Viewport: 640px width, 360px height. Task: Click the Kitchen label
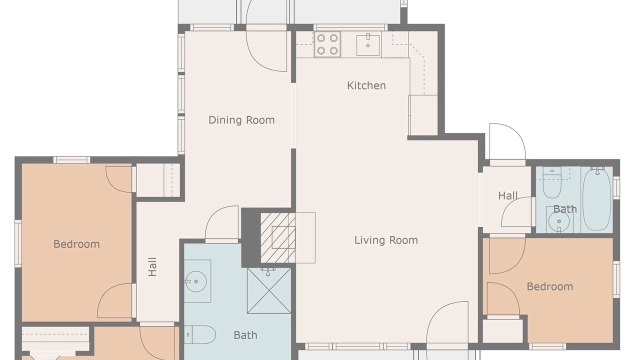366,85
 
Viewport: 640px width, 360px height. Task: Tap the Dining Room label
241,120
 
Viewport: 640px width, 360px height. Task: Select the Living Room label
386,240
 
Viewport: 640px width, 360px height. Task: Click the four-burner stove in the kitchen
327,44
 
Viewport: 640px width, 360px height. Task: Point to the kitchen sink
368,45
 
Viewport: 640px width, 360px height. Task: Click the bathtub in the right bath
597,199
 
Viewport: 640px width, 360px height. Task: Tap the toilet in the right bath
552,182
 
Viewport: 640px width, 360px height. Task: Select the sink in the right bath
559,219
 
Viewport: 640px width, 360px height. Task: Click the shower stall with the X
269,290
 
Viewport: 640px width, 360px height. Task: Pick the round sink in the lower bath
195,281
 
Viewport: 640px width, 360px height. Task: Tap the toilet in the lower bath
199,334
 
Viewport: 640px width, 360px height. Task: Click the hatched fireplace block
277,237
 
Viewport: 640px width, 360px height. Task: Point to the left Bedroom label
76,244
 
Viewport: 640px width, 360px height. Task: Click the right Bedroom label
549,286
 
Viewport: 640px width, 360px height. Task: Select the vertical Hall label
152,267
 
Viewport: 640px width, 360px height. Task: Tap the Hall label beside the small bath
507,195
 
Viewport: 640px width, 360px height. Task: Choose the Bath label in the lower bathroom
245,335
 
